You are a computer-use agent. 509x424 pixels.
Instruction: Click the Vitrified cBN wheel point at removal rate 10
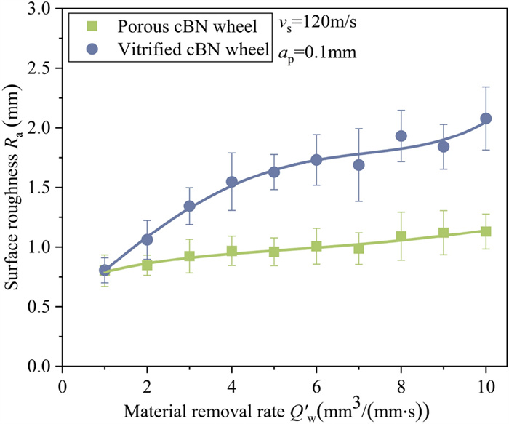click(486, 119)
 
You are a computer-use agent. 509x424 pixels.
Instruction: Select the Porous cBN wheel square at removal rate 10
click(486, 231)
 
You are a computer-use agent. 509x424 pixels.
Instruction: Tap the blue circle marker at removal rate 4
click(232, 182)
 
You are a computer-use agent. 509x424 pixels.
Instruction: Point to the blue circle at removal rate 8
click(401, 136)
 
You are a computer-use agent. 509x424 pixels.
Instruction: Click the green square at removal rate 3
click(189, 256)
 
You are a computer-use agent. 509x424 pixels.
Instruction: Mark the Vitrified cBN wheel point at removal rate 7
click(358, 165)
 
